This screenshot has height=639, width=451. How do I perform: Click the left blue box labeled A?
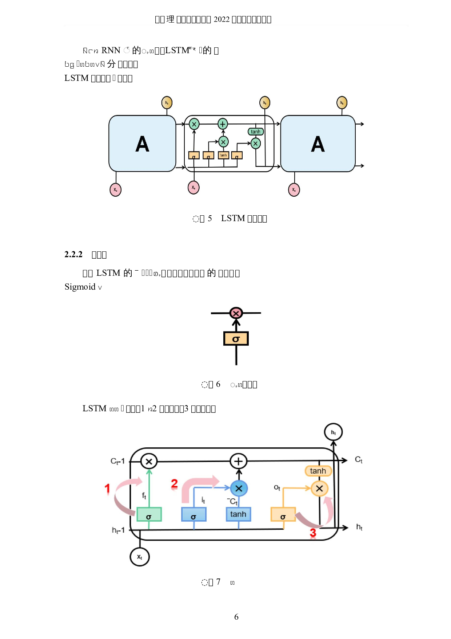142,144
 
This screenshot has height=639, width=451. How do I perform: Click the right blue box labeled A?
318,144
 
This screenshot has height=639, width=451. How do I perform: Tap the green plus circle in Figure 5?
223,124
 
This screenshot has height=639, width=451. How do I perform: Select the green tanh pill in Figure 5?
256,132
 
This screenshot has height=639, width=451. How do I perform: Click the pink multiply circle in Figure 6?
236,313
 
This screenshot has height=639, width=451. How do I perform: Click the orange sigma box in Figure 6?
236,339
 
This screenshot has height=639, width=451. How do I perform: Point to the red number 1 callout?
107,489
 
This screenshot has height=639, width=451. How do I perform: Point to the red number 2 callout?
175,484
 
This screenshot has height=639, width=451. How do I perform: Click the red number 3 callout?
313,533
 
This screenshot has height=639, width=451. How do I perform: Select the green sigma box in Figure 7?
149,514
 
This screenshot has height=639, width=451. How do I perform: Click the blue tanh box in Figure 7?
238,514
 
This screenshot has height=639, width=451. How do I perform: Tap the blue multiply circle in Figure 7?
239,489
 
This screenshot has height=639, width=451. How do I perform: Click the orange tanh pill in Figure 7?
318,471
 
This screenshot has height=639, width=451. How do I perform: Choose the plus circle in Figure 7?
238,461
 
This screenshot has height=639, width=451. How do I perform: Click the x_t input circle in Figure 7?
140,557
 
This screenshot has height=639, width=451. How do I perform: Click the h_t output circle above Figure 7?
333,432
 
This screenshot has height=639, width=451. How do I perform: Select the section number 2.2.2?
73,254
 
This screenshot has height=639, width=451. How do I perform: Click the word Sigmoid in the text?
80,287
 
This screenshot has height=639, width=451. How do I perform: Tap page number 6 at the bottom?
236,617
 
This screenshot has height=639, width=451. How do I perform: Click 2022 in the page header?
221,19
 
